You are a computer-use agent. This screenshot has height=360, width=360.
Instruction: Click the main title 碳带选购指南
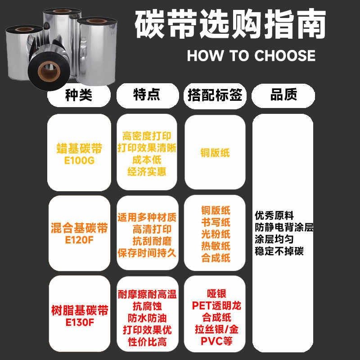pyautogui.click(x=229, y=26)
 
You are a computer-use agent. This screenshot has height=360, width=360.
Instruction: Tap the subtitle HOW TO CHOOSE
pyautogui.click(x=251, y=55)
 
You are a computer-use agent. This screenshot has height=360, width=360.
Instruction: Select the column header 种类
pyautogui.click(x=79, y=95)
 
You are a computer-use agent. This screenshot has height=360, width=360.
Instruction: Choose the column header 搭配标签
pyautogui.click(x=215, y=95)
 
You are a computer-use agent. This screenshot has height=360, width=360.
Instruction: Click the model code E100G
pyautogui.click(x=79, y=161)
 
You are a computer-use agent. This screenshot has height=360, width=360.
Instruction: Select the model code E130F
pyautogui.click(x=79, y=322)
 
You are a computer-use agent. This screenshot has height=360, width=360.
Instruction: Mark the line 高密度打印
pyautogui.click(x=146, y=135)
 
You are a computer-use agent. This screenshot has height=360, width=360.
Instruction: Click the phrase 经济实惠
pyautogui.click(x=146, y=171)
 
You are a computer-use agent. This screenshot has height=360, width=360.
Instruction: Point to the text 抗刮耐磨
pyautogui.click(x=146, y=241)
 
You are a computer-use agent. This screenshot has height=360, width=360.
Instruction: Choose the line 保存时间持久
pyautogui.click(x=146, y=253)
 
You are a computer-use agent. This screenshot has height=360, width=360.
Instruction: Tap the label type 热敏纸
pyautogui.click(x=216, y=246)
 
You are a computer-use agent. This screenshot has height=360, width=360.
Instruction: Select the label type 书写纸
pyautogui.click(x=216, y=222)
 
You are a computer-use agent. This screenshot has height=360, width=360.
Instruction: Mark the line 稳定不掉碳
pyautogui.click(x=279, y=251)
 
